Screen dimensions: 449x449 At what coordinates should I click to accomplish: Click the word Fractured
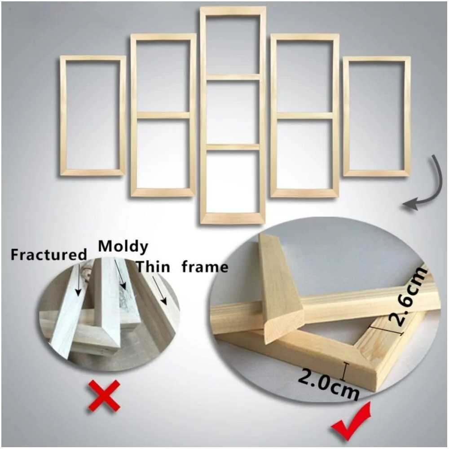(x=48, y=255)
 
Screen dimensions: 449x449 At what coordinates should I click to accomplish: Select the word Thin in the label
(x=153, y=267)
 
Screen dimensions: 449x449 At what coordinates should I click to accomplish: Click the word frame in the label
(x=205, y=267)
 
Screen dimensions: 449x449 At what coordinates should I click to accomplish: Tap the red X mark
(x=104, y=396)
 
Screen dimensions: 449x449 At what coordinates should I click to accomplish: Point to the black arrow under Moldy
(x=120, y=274)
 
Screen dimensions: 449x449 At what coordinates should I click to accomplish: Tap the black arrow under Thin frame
(x=159, y=291)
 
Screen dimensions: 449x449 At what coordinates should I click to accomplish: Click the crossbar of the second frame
(x=163, y=115)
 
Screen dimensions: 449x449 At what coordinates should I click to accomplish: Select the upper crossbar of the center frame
(x=233, y=77)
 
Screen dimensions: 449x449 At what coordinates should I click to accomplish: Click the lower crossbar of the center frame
(x=233, y=147)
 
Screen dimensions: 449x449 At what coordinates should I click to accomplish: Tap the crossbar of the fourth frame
(x=305, y=115)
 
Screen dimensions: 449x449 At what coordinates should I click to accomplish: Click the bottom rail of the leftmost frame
(x=93, y=173)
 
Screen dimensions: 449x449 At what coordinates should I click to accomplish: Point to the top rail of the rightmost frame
(x=377, y=59)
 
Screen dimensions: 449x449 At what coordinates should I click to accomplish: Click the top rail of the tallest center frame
(x=233, y=10)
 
